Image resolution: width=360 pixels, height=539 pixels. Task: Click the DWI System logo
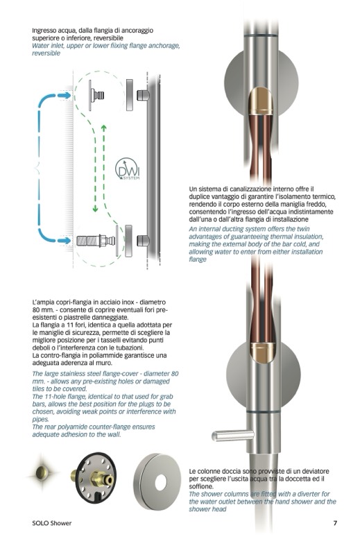click(x=127, y=169)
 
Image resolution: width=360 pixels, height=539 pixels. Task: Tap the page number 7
click(x=335, y=523)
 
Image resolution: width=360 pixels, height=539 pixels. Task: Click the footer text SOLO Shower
click(x=51, y=523)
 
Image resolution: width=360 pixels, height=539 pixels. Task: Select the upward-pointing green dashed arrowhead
click(x=103, y=129)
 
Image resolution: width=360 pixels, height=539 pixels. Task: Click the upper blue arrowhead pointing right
click(x=65, y=96)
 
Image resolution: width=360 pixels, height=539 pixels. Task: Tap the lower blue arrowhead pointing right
click(x=65, y=240)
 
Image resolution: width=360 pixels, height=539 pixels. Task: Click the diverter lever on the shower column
click(x=233, y=436)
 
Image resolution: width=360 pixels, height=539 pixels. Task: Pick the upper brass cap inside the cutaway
click(x=261, y=101)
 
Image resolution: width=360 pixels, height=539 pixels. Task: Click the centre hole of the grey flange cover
click(x=160, y=482)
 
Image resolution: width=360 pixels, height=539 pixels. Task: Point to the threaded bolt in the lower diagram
click(x=87, y=240)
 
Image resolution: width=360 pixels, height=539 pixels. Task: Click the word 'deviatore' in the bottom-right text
click(x=315, y=471)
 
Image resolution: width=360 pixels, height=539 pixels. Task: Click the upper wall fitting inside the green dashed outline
click(x=96, y=95)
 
